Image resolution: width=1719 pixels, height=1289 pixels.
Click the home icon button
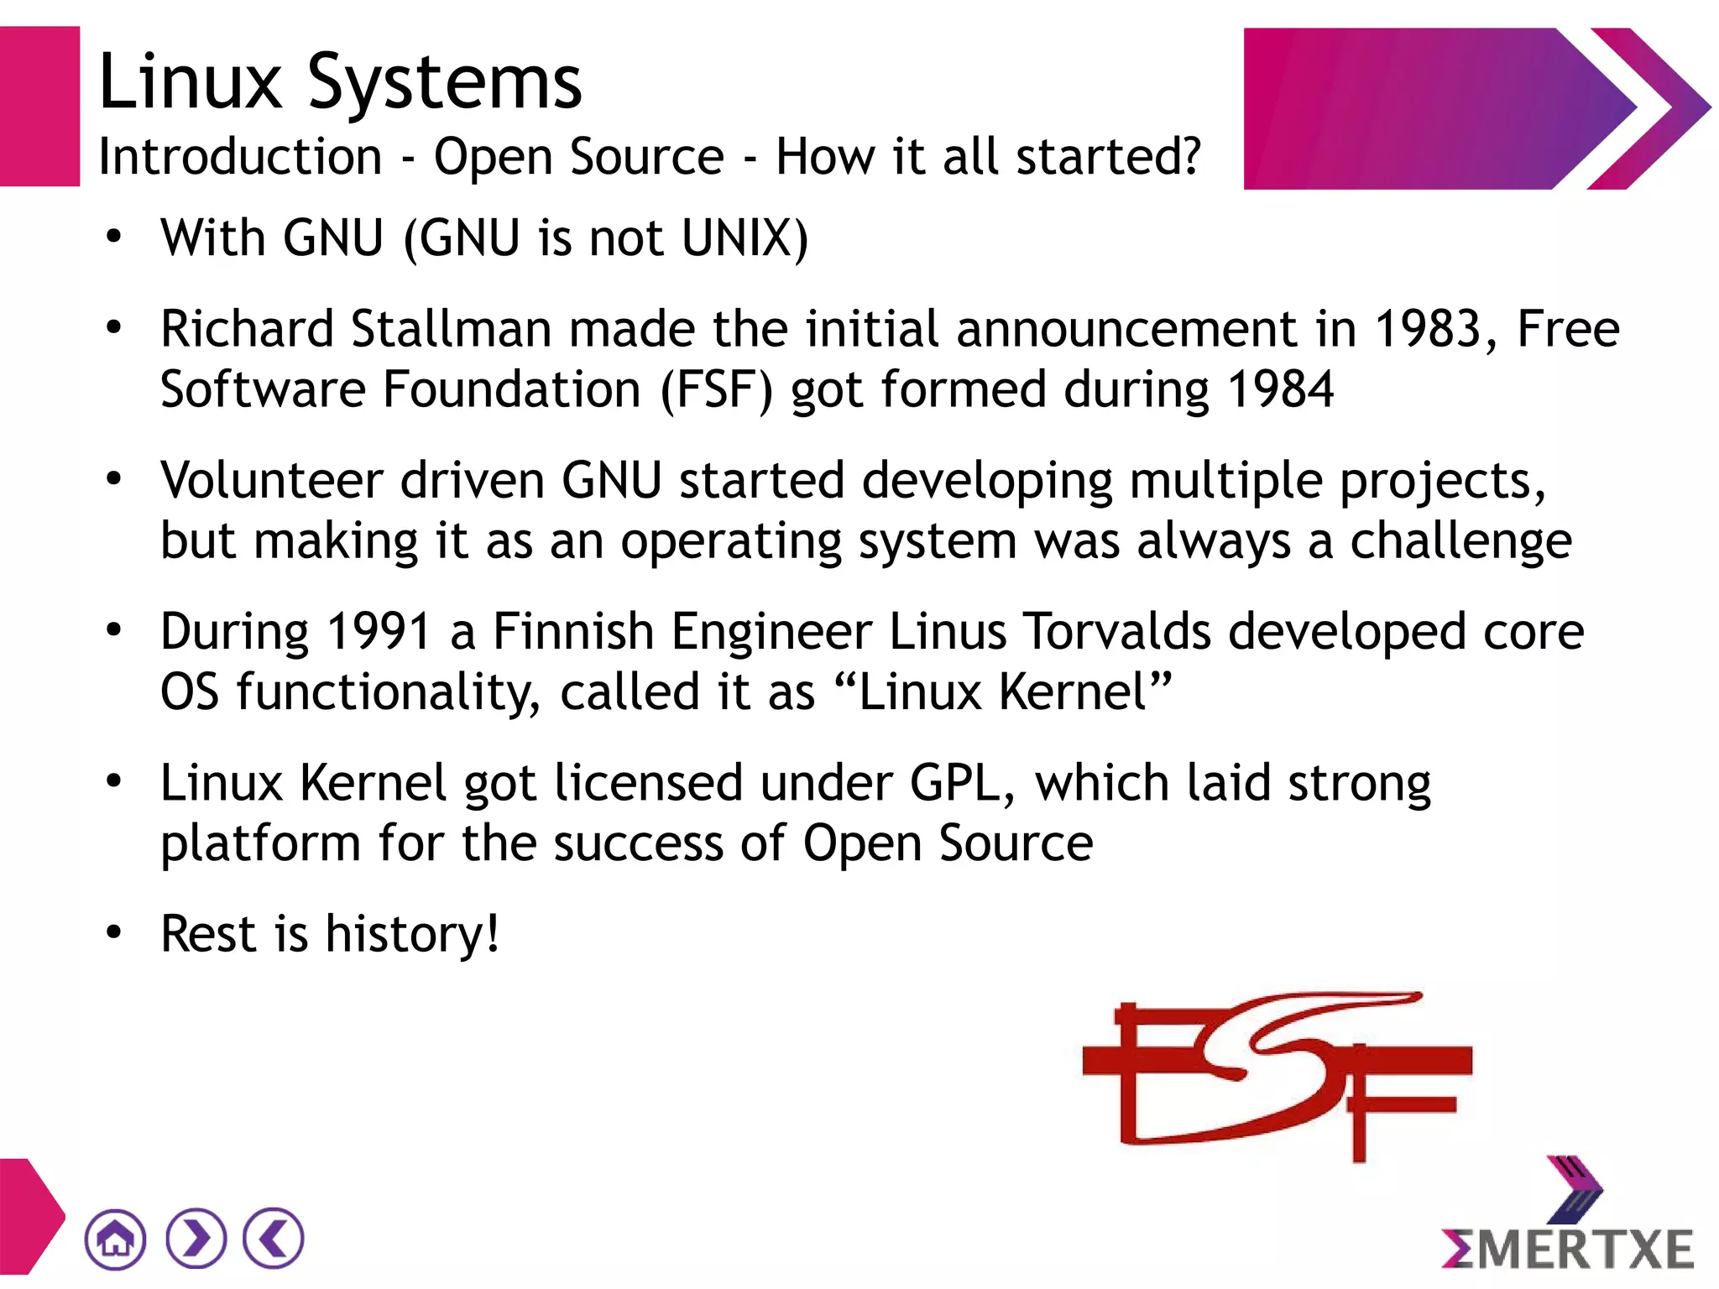115,1239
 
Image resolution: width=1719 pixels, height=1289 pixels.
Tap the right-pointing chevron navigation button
196,1239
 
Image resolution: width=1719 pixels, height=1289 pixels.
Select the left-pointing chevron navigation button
274,1239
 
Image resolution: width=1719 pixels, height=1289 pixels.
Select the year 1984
1280,389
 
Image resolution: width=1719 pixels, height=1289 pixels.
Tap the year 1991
379,631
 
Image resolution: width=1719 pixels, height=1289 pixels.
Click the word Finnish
573,631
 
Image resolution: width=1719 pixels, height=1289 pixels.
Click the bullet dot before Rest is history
114,932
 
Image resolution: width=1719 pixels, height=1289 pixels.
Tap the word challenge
1460,541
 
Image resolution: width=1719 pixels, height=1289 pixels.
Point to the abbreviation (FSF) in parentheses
716,389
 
